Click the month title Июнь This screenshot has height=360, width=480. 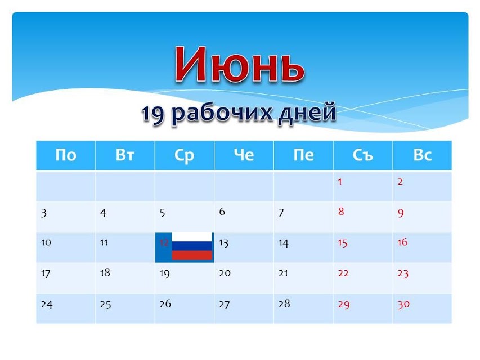[x=240, y=65]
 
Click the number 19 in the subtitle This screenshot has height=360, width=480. [x=153, y=114]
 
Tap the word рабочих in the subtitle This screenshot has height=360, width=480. [x=221, y=113]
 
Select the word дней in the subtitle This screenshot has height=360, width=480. [x=308, y=113]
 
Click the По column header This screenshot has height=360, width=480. [x=65, y=155]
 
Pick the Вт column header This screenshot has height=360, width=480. [x=125, y=155]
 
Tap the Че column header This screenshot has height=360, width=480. [x=244, y=155]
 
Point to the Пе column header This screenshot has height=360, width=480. [x=303, y=155]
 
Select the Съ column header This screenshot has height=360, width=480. [x=363, y=155]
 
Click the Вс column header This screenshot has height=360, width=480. [x=423, y=155]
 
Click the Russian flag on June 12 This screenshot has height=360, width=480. [x=192, y=246]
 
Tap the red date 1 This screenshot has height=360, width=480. [x=340, y=182]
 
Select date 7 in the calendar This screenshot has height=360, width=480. [x=281, y=213]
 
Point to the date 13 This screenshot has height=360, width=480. [x=224, y=244]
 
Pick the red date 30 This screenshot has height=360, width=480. [x=403, y=304]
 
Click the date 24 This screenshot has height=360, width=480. [x=47, y=304]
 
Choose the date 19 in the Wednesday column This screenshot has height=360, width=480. [x=164, y=273]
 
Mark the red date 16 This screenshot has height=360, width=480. [x=402, y=242]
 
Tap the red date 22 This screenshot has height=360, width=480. [x=343, y=273]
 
